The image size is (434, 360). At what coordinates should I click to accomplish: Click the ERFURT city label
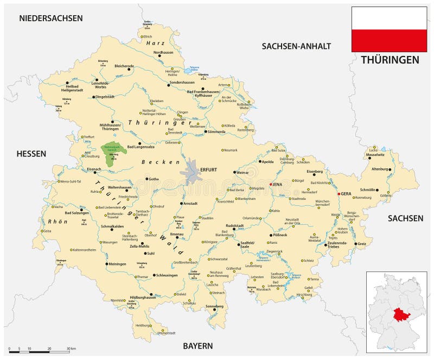(x=209, y=170)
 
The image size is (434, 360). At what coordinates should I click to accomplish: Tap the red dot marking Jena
(x=270, y=185)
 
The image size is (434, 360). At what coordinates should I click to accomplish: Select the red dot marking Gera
(x=339, y=194)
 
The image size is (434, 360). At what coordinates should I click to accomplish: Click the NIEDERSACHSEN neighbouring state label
(x=51, y=18)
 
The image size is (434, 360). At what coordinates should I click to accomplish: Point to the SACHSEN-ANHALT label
(x=296, y=46)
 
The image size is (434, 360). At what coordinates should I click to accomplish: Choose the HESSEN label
(x=31, y=154)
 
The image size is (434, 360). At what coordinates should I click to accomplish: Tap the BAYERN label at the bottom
(x=197, y=346)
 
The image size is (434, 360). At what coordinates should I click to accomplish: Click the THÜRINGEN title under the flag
(x=390, y=60)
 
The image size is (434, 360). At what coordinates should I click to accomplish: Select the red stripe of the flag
(x=389, y=41)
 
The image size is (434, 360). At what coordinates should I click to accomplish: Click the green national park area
(x=112, y=150)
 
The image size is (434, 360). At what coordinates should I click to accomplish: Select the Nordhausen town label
(x=164, y=53)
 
